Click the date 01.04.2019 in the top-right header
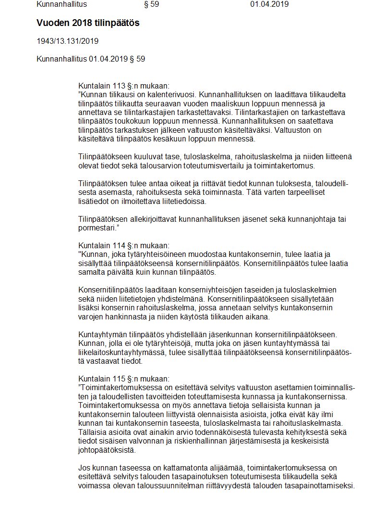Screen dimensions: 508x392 [x=269, y=4]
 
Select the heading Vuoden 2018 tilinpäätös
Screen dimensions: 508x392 [x=88, y=23]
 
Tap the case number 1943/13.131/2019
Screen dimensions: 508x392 [x=67, y=41]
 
